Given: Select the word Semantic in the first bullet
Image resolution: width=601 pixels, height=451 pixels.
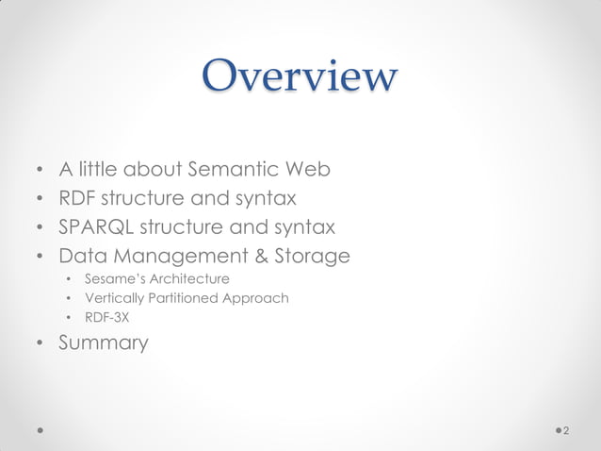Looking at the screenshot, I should point(231,171).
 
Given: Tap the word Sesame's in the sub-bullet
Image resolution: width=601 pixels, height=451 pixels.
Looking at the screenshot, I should point(112,278).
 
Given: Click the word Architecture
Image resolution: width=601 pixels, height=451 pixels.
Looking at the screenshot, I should point(187,278).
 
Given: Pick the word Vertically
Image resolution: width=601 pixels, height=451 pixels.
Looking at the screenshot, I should point(112,298).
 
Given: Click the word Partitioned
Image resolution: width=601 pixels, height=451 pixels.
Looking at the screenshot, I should point(181,298).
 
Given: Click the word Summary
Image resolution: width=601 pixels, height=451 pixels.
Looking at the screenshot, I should point(104,342).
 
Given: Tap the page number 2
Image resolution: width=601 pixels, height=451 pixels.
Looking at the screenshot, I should point(566,430).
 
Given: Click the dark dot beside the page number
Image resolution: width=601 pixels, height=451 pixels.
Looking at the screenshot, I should point(557,430).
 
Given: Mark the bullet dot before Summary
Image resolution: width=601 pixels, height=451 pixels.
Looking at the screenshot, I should point(40,343).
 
